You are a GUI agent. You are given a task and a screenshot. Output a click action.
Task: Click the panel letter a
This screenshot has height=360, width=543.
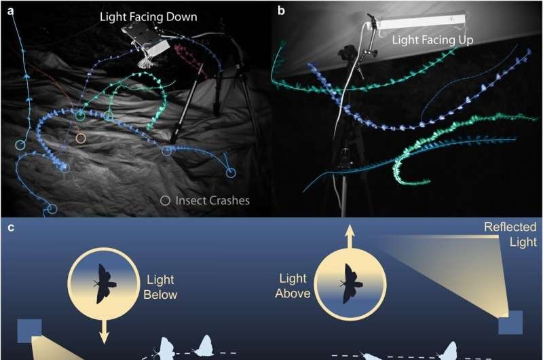point(11,11)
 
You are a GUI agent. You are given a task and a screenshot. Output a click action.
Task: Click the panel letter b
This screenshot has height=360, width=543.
point(281,11)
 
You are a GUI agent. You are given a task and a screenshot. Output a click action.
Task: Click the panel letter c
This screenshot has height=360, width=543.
point(11,228)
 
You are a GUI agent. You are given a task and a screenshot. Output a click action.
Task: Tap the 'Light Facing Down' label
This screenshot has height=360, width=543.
point(148,16)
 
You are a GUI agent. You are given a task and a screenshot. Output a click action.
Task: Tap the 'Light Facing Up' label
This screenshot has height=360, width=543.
point(432,40)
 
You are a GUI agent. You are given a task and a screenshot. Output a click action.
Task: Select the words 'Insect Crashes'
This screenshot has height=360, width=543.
point(212,200)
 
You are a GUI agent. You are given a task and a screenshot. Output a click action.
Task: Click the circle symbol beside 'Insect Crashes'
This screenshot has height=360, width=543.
point(165,200)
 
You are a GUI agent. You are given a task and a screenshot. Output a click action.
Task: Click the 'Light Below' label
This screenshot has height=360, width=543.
point(160,287)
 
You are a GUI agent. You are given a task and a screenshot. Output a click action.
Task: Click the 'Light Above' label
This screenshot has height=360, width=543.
point(293,286)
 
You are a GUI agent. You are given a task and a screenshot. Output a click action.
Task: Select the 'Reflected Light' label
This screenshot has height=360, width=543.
point(510,234)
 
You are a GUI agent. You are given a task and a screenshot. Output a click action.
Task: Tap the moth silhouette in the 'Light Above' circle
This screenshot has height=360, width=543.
point(350,284)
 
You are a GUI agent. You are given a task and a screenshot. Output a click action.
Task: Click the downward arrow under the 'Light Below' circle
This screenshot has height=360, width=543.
point(105,331)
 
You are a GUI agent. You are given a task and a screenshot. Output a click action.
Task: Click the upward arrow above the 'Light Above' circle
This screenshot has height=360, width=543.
point(350,236)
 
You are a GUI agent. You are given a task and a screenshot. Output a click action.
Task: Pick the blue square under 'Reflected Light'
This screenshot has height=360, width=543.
point(510,322)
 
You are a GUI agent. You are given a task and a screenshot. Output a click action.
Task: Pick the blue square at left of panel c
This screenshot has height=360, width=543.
point(29,331)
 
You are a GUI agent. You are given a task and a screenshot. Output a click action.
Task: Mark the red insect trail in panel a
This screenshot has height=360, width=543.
point(190,60)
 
